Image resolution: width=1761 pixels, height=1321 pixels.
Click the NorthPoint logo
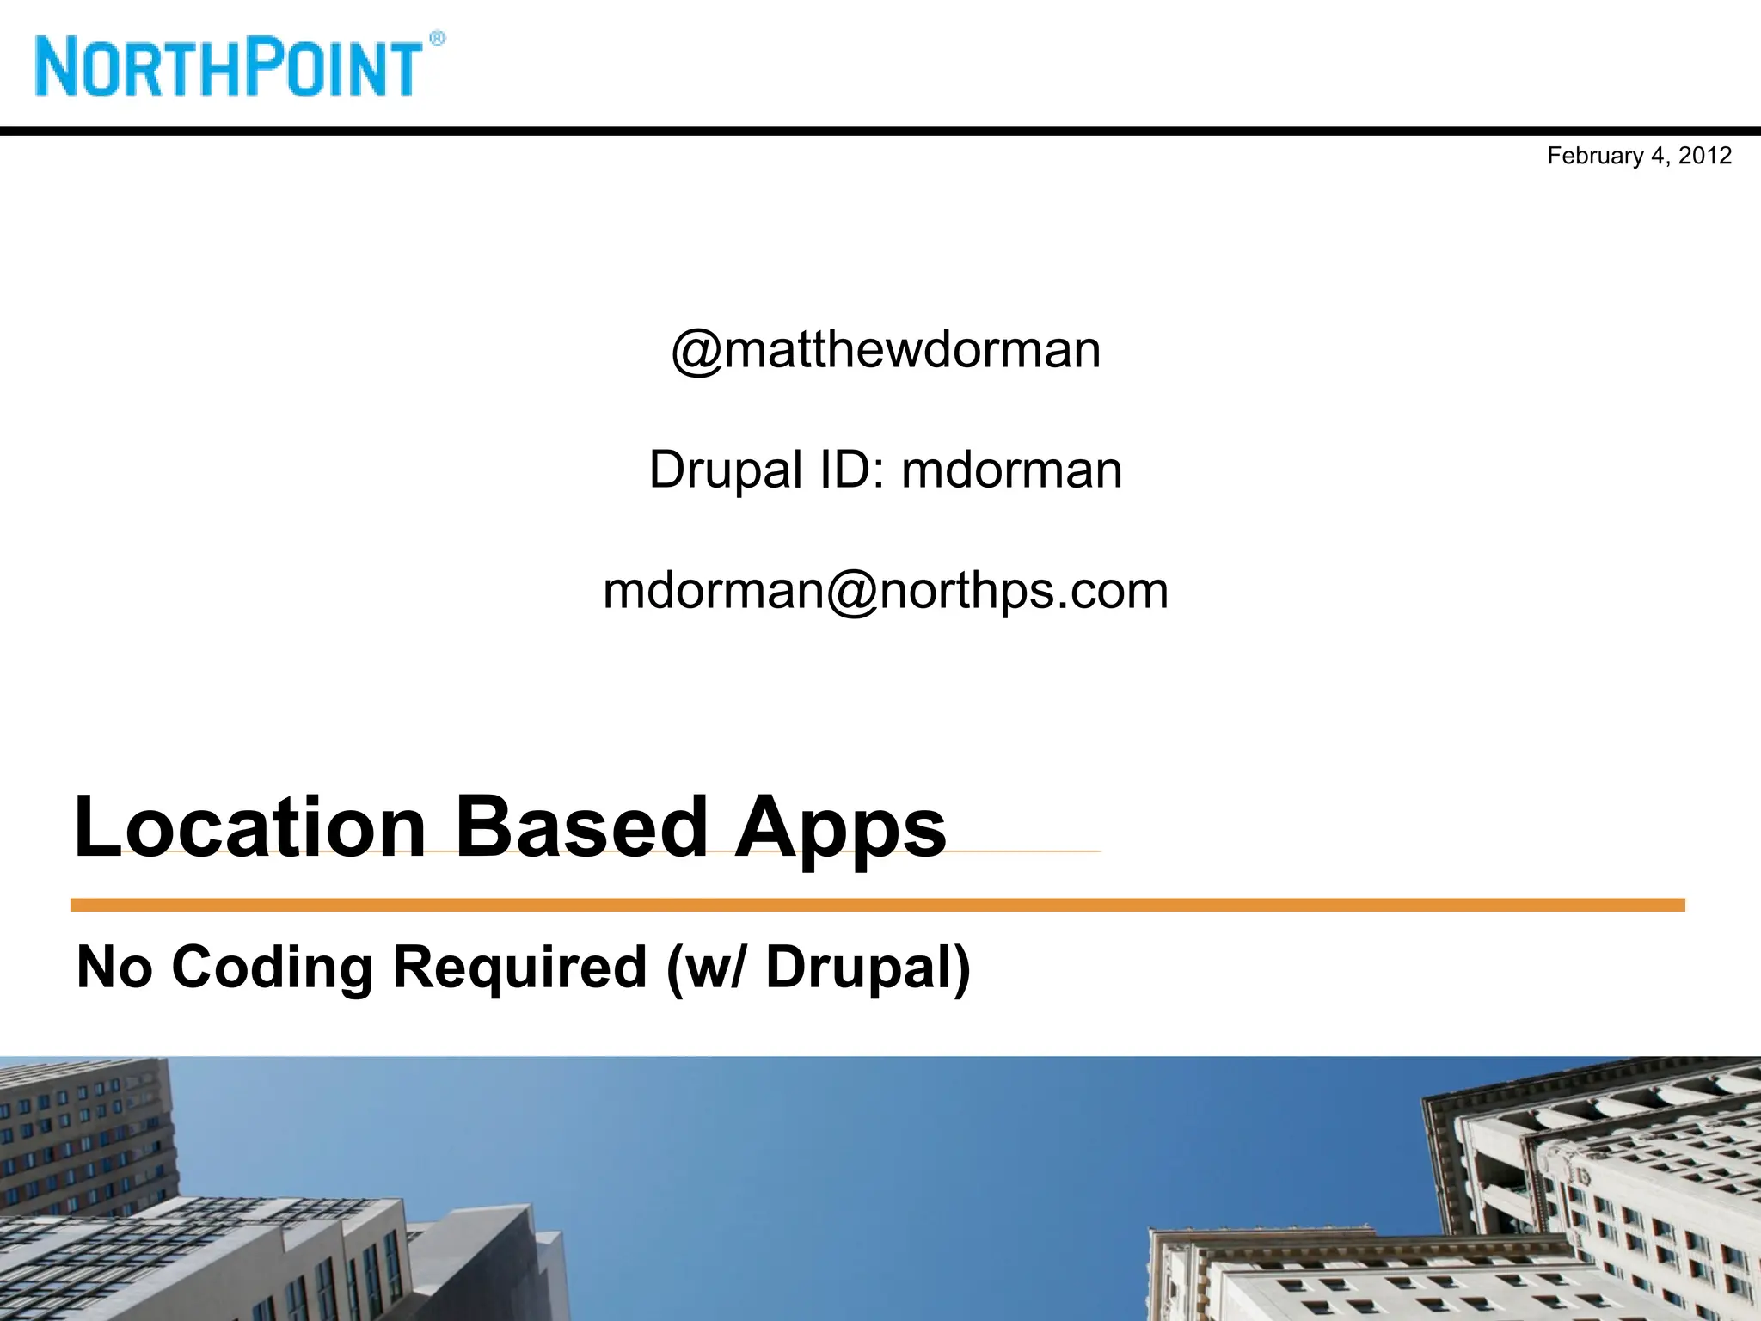(229, 67)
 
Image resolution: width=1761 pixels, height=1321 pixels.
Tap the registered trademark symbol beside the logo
(437, 39)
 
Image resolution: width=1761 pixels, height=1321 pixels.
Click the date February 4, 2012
(1639, 156)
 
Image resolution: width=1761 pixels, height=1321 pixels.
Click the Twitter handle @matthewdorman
(886, 350)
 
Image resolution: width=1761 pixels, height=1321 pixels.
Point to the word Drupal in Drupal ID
(726, 470)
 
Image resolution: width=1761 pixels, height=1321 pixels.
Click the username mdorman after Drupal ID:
(1011, 470)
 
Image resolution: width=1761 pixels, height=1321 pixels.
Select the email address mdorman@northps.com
(886, 591)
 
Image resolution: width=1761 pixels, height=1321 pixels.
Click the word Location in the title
(250, 827)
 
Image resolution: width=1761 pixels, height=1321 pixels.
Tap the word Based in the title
(580, 827)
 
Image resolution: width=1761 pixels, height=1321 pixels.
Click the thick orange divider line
(877, 905)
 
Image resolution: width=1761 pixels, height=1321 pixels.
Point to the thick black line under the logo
(880, 132)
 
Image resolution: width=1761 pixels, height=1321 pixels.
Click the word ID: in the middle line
(851, 470)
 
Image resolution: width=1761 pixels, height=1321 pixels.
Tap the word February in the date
(1595, 156)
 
